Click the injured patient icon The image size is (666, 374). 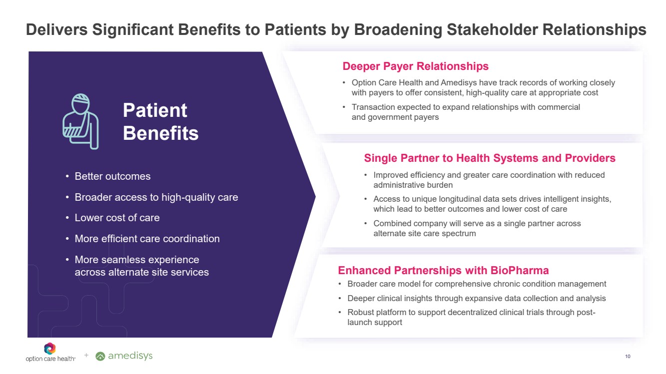pyautogui.click(x=80, y=121)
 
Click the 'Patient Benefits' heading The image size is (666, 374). pyautogui.click(x=160, y=122)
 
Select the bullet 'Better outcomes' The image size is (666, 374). pyautogui.click(x=112, y=176)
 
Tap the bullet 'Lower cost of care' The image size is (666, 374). pyautogui.click(x=117, y=218)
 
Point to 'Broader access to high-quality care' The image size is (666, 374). pyautogui.click(x=156, y=197)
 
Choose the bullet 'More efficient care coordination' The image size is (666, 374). pyautogui.click(x=147, y=239)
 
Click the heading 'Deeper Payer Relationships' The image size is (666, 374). pyautogui.click(x=415, y=66)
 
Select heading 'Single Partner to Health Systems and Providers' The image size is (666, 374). pyautogui.click(x=489, y=158)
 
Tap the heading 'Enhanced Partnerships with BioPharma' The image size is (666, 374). pyautogui.click(x=443, y=270)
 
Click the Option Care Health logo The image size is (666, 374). pyautogui.click(x=50, y=352)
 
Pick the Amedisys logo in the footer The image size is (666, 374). pyautogui.click(x=124, y=356)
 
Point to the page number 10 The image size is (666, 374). pyautogui.click(x=628, y=357)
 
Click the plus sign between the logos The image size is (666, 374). pyautogui.click(x=86, y=355)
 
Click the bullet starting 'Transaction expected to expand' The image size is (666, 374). pyautogui.click(x=466, y=112)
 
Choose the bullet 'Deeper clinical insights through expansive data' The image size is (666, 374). pyautogui.click(x=476, y=298)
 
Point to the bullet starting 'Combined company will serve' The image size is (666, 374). pyautogui.click(x=477, y=228)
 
